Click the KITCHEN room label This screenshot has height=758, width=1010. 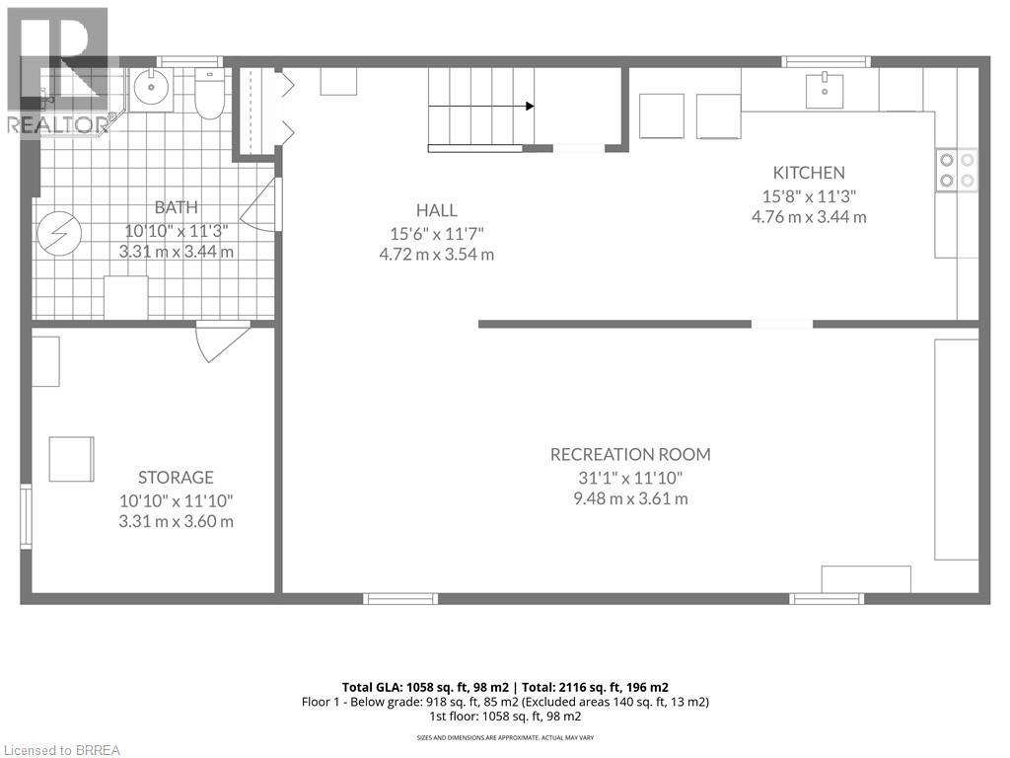click(x=809, y=173)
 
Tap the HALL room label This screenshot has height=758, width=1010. click(x=436, y=210)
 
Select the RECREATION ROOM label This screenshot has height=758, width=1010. click(x=630, y=454)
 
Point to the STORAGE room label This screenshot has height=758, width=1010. click(x=177, y=478)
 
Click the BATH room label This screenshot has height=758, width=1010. click(x=176, y=207)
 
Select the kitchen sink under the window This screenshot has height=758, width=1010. click(x=825, y=91)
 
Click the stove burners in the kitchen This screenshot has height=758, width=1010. click(x=956, y=169)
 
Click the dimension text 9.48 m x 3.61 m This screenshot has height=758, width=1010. click(x=630, y=498)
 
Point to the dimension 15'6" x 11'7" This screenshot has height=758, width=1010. click(x=436, y=233)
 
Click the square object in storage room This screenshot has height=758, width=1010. click(x=72, y=459)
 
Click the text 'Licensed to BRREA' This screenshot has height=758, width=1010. click(x=61, y=749)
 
